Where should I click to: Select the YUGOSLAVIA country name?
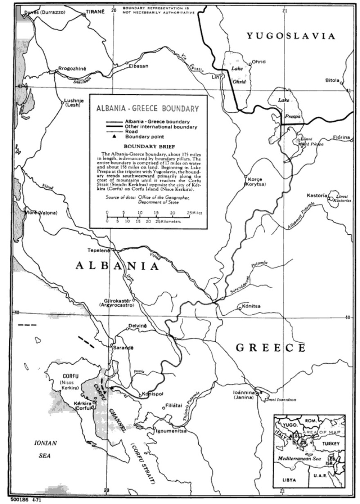tap(291, 36)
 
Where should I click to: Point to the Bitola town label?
tap(332, 81)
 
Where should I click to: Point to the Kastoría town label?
tap(317, 196)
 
